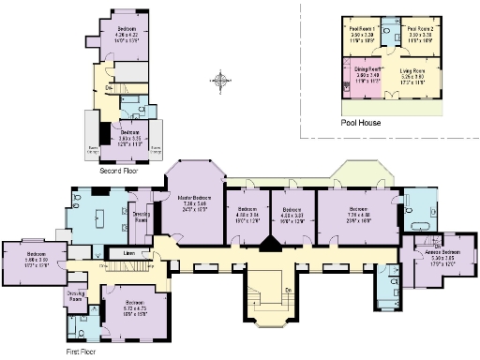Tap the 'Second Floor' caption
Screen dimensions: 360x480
tap(120, 171)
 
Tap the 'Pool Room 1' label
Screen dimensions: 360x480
tap(353, 30)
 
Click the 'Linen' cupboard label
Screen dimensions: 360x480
tap(128, 253)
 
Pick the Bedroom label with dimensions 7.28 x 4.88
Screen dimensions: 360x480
tap(356, 210)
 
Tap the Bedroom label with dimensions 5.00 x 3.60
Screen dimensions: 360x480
tap(36, 255)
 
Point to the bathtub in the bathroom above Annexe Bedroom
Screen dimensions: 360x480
tap(419, 226)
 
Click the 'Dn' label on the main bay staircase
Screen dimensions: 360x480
tap(286, 289)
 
